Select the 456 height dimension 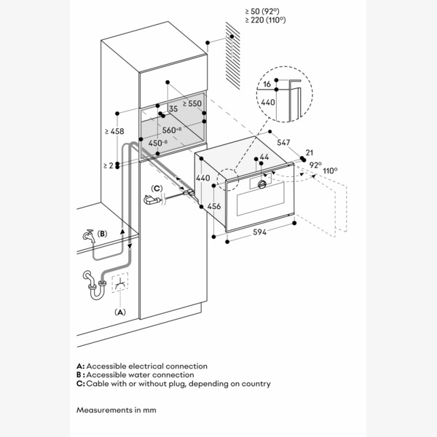pos(213,206)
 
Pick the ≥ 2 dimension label pos(109,165)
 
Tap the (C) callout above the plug pos(156,188)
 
